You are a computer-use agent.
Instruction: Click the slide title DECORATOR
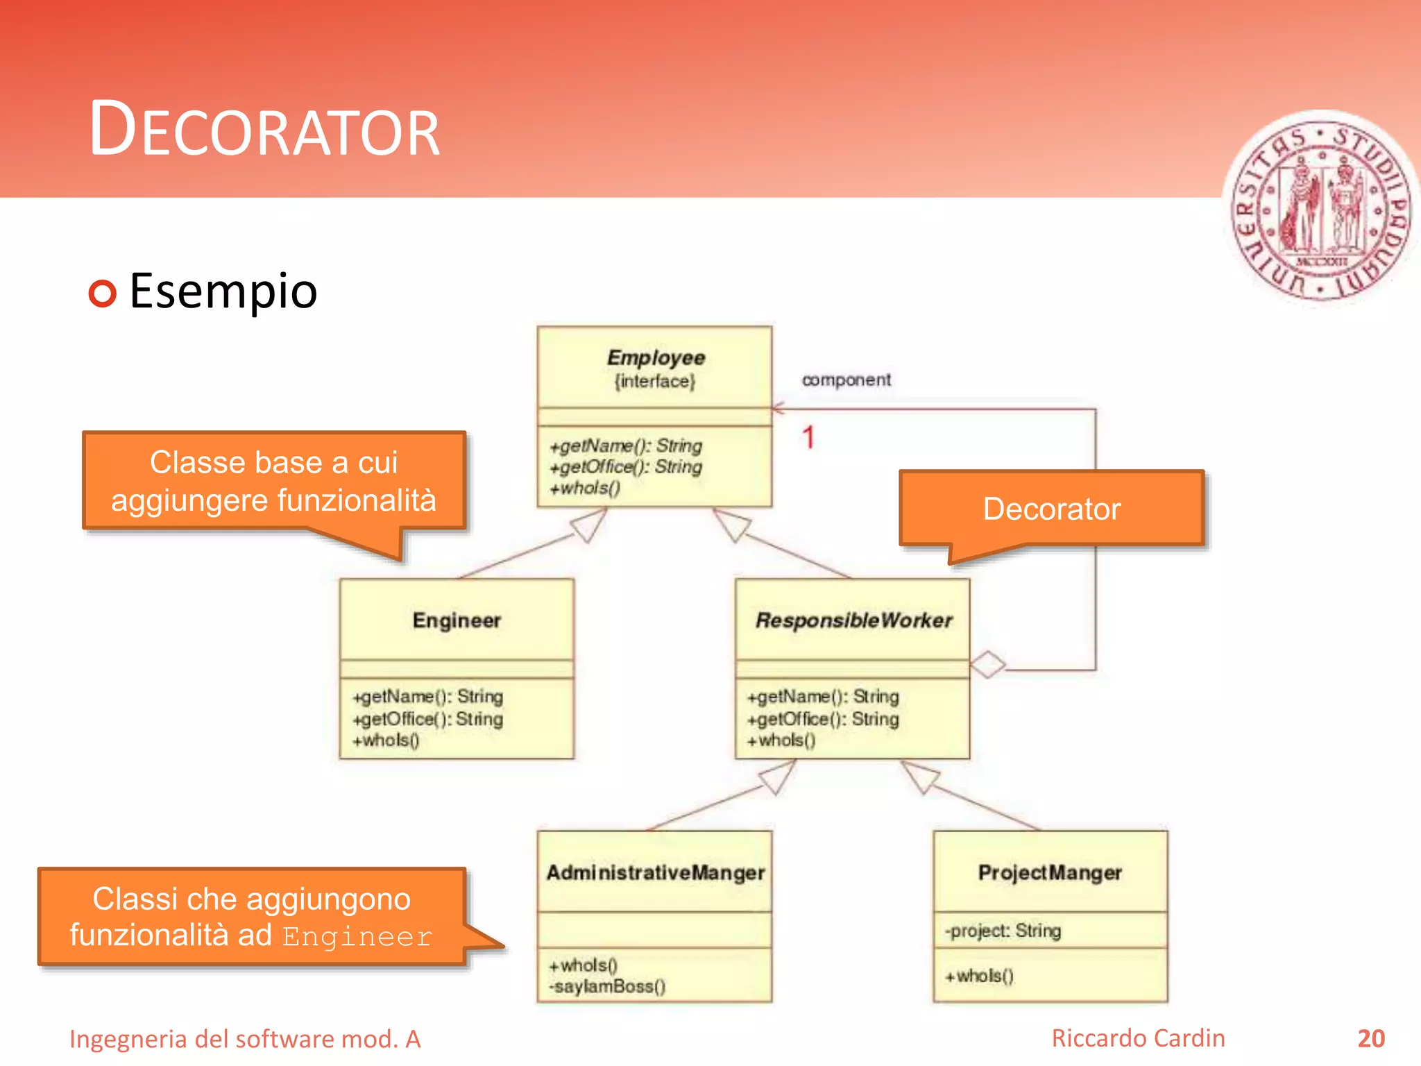(x=264, y=130)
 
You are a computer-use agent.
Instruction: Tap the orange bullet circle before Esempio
(x=103, y=294)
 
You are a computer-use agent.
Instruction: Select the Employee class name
(x=656, y=357)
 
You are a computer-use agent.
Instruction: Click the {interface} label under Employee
(x=654, y=381)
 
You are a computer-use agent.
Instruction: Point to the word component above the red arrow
(x=846, y=380)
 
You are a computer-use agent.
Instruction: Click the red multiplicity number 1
(x=808, y=437)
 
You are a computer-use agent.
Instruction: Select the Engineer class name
(x=457, y=620)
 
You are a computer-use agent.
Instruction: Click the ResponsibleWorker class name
(x=853, y=620)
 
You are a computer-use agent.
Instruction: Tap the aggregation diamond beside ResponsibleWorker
(x=987, y=664)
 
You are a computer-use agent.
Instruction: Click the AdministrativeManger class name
(x=655, y=872)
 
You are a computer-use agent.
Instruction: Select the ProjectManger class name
(x=1050, y=872)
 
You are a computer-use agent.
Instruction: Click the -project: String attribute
(x=1003, y=931)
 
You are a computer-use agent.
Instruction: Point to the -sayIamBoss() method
(x=607, y=986)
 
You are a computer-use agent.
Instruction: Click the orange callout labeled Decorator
(x=1051, y=509)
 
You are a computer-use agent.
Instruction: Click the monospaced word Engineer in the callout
(x=357, y=937)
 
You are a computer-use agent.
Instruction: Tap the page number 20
(x=1370, y=1038)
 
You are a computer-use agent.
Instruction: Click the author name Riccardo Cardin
(x=1138, y=1038)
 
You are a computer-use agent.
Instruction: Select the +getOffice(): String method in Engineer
(x=427, y=718)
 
